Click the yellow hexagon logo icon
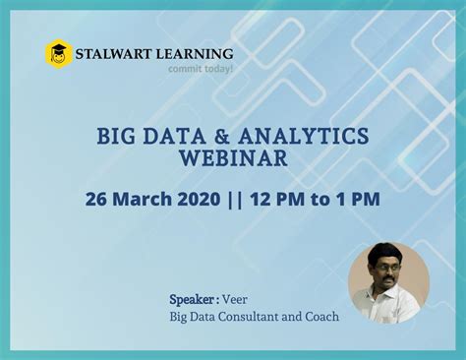(x=59, y=53)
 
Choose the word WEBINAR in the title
(x=232, y=158)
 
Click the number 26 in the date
(x=96, y=198)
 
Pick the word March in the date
(x=142, y=198)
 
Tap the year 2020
(x=200, y=198)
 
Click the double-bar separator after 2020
(x=234, y=198)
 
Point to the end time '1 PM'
(x=358, y=198)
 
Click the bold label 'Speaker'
(x=193, y=297)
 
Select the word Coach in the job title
(x=320, y=316)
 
